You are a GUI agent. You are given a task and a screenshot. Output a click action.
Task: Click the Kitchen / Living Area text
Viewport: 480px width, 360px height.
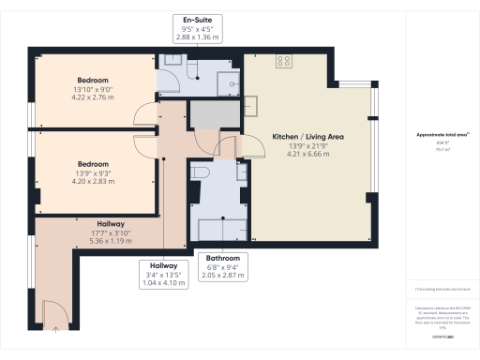pyautogui.click(x=308, y=137)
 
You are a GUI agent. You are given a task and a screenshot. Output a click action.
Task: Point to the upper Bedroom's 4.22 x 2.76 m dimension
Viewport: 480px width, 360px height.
pyautogui.click(x=94, y=97)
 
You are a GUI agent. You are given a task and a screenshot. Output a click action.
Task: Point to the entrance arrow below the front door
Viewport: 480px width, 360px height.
pyautogui.click(x=55, y=327)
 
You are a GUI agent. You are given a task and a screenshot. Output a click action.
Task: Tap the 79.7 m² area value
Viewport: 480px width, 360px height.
pyautogui.click(x=437, y=147)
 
